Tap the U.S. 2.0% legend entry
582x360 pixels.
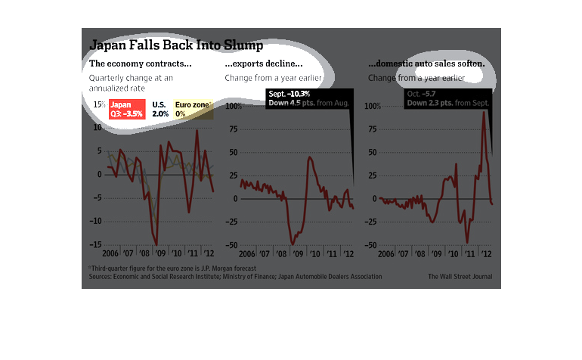160,108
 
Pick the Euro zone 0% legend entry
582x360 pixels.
192,108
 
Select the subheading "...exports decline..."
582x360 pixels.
264,64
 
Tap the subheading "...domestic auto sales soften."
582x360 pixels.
426,64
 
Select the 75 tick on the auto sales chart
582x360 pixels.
373,129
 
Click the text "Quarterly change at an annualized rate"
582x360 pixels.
131,83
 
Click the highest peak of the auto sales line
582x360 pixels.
484,113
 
